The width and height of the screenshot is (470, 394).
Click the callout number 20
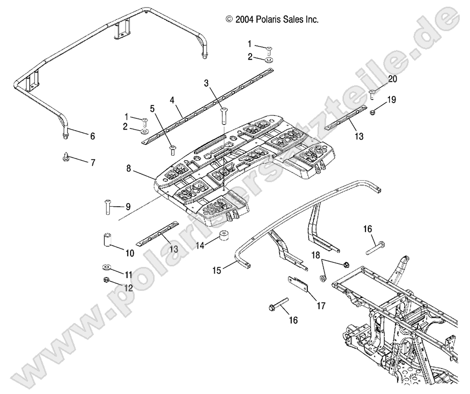tap(392, 79)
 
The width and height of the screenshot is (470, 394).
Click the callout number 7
tap(93, 163)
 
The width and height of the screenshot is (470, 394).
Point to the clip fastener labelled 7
tap(66, 156)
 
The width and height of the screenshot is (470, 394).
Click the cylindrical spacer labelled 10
tap(108, 239)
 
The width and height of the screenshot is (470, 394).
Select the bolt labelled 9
tap(109, 207)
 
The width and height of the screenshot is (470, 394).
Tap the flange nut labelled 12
tap(107, 279)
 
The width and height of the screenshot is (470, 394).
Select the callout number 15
tap(217, 270)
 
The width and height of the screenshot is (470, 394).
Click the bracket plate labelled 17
tap(299, 284)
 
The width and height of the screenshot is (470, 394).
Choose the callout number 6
tap(92, 136)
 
